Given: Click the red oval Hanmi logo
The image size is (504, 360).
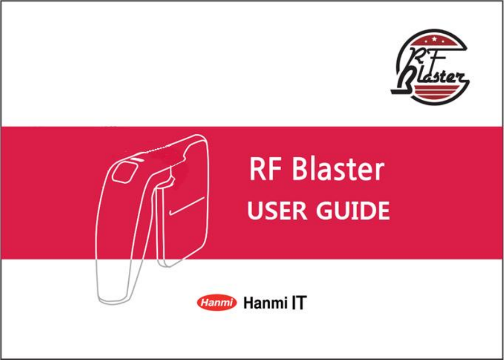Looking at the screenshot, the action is (x=217, y=303).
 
